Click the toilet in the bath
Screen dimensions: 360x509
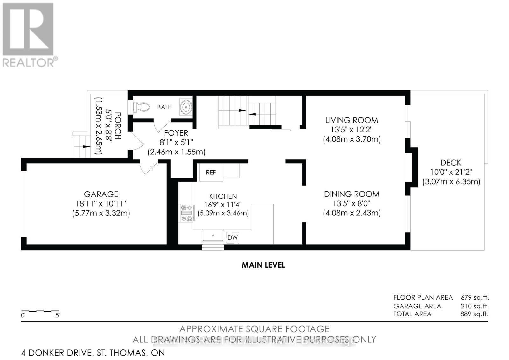tap(142, 107)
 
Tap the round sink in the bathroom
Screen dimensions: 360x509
tap(186, 107)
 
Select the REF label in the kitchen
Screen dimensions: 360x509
tap(211, 172)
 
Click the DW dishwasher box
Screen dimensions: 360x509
tap(233, 237)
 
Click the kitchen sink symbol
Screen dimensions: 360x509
tap(213, 236)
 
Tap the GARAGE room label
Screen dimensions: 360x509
tap(101, 194)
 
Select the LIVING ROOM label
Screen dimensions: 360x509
tap(352, 120)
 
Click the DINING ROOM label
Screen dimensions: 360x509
tap(352, 194)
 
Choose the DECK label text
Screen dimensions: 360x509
tap(451, 163)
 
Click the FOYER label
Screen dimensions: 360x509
tap(176, 133)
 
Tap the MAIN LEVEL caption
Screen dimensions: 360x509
tap(263, 265)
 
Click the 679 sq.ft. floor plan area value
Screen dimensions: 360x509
tap(474, 298)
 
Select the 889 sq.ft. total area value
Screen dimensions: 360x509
tap(474, 314)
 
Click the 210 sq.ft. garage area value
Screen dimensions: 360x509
tap(474, 306)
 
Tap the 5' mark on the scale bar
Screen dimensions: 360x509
tap(58, 315)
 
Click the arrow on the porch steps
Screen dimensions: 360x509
tap(86, 147)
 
